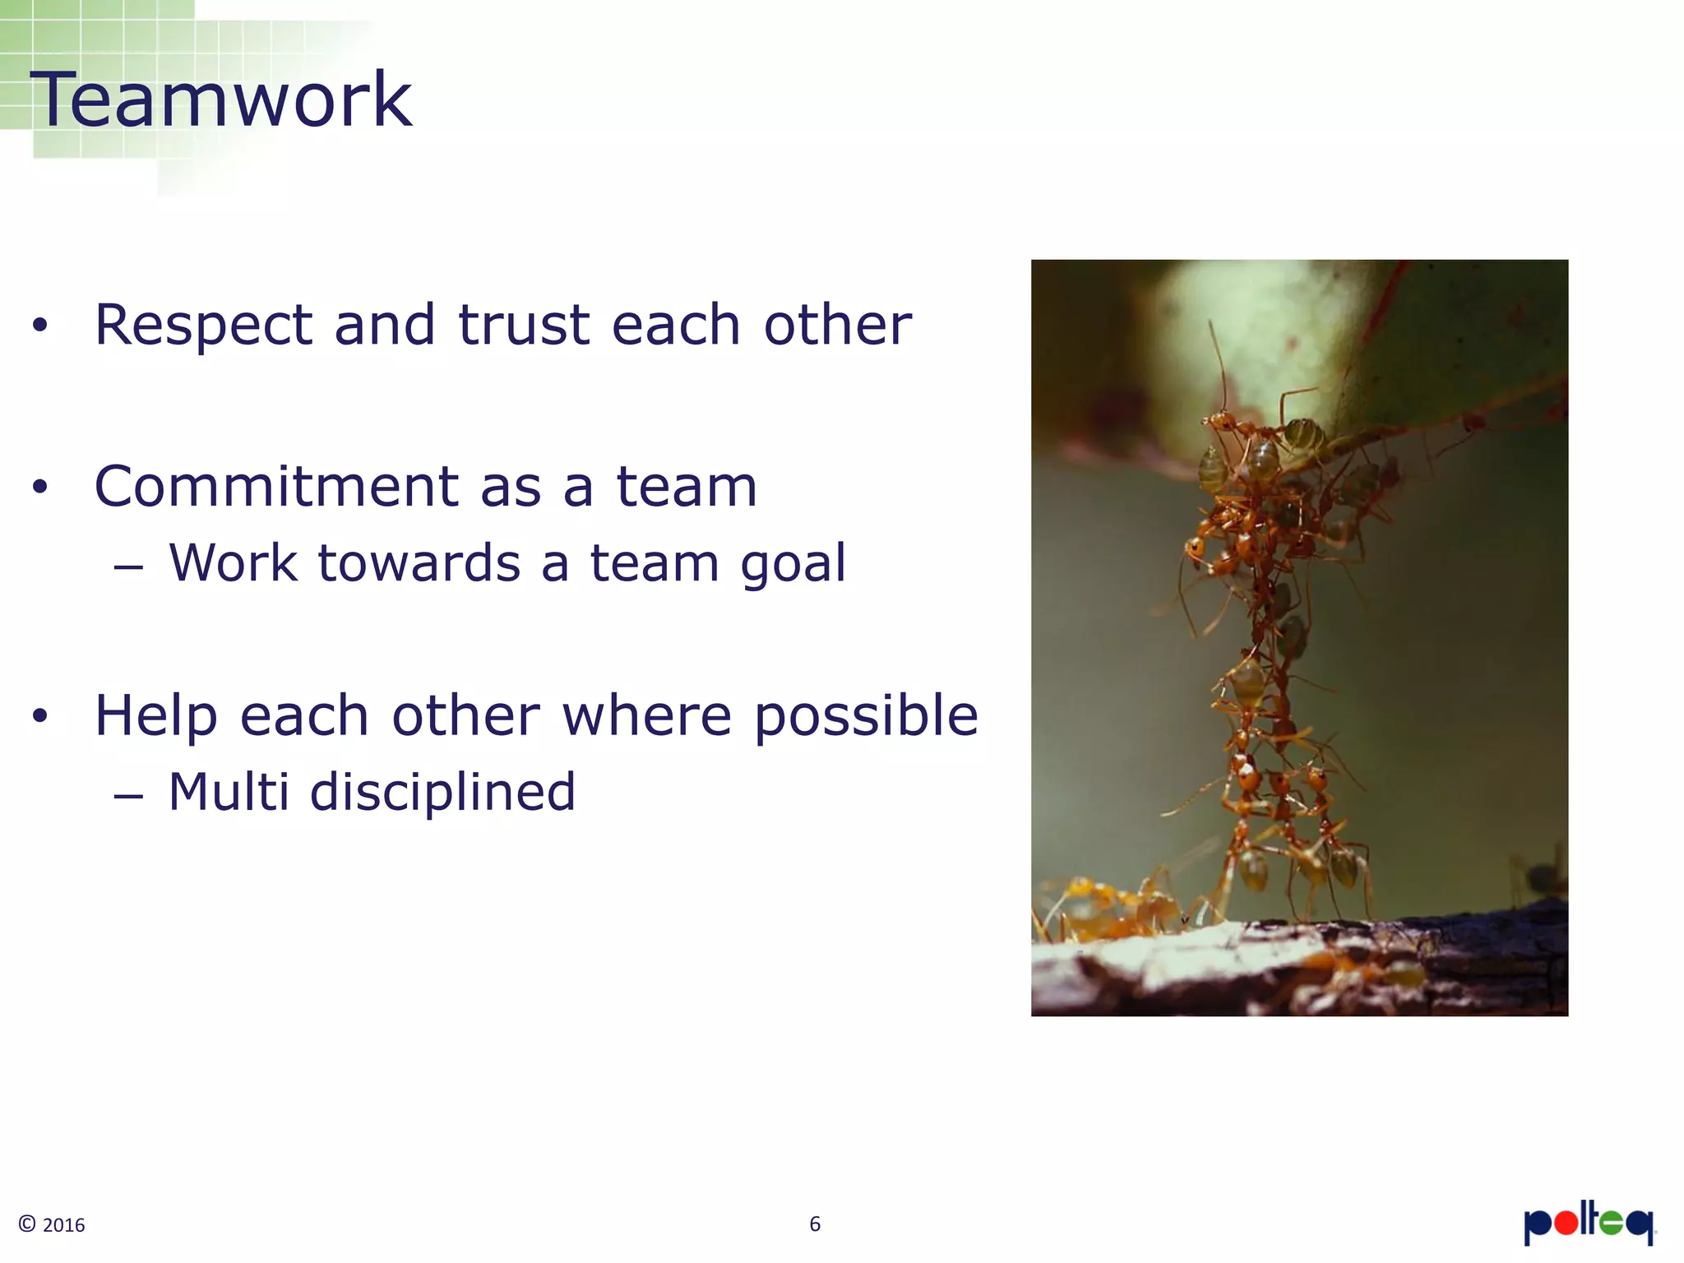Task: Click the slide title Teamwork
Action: coord(220,100)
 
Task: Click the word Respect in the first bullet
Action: coord(203,326)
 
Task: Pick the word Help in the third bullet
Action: coord(156,717)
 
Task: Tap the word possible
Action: coord(866,717)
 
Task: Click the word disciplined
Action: coord(442,793)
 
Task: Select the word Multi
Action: coord(229,793)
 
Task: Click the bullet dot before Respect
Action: coord(40,326)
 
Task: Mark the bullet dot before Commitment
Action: coord(40,488)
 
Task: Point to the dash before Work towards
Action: coord(129,567)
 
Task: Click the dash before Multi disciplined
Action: coord(129,796)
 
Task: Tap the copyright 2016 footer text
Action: coord(52,1224)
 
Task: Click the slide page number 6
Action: coord(815,1224)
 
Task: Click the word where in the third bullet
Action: coord(646,715)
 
